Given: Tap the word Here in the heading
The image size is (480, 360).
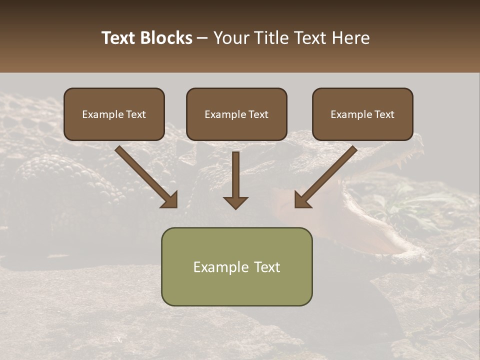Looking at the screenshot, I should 350,38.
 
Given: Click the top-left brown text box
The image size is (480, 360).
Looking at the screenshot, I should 114,114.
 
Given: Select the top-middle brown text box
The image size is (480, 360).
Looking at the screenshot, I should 236,114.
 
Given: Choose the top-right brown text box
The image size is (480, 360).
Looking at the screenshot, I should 362,114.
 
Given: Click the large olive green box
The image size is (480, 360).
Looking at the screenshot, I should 236,266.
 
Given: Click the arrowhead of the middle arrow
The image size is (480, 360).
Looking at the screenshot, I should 235,202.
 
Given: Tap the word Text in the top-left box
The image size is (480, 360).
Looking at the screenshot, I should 135,114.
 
